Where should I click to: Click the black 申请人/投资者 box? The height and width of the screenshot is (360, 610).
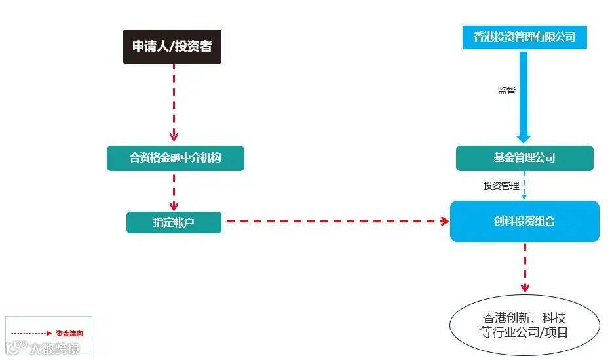click(x=172, y=47)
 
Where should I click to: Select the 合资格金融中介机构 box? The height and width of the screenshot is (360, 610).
click(x=176, y=158)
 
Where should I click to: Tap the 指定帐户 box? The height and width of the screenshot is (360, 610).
click(x=174, y=222)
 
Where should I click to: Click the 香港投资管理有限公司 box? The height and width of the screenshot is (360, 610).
click(x=524, y=37)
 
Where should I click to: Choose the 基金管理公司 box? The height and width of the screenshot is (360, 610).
click(x=524, y=158)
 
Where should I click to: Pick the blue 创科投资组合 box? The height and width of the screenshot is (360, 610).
click(x=524, y=221)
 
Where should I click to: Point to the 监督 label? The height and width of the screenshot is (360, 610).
click(x=506, y=90)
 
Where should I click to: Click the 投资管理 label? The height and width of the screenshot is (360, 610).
click(x=501, y=186)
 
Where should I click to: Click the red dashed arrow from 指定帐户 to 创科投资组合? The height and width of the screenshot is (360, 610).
click(x=334, y=222)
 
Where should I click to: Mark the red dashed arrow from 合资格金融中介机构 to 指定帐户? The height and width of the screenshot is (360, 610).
click(x=174, y=190)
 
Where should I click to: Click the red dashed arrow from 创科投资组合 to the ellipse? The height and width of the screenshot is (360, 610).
click(x=525, y=268)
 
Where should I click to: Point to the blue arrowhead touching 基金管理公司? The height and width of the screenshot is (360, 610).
click(x=524, y=138)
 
